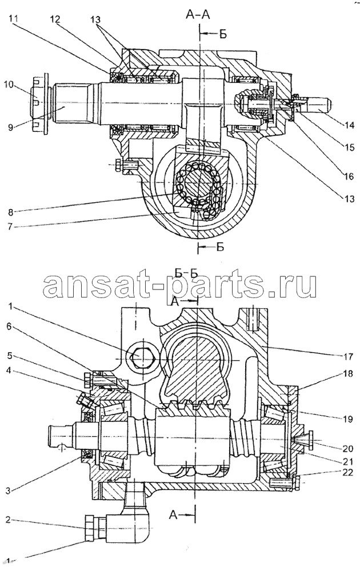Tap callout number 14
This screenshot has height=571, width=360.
pyautogui.click(x=349, y=125)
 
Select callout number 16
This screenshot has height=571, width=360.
pyautogui.click(x=349, y=176)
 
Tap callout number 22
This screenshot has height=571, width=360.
pyautogui.click(x=347, y=472)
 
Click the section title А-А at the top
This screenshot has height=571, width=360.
pyautogui.click(x=198, y=15)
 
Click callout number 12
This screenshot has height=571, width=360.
pyautogui.click(x=56, y=20)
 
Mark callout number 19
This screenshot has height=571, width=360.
pyautogui.click(x=348, y=419)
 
